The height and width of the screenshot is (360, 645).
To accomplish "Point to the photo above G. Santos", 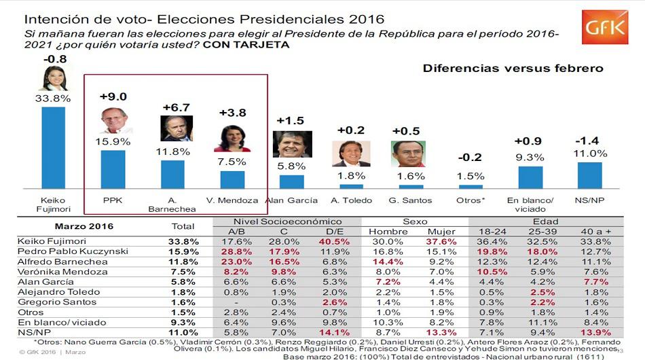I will (x=408, y=154).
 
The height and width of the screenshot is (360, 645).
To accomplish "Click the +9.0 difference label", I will (x=113, y=96).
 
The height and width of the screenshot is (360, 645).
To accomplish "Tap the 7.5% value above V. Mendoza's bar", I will (x=232, y=162).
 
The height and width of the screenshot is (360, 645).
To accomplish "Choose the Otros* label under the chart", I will (x=471, y=200).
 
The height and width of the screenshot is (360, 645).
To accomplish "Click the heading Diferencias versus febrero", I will (x=513, y=69).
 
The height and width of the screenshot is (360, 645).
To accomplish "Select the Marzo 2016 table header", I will (x=84, y=226).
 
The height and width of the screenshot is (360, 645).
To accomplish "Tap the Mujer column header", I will (x=441, y=231).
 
